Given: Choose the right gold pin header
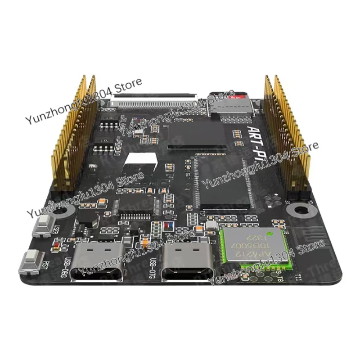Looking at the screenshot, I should (x=286, y=135).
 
